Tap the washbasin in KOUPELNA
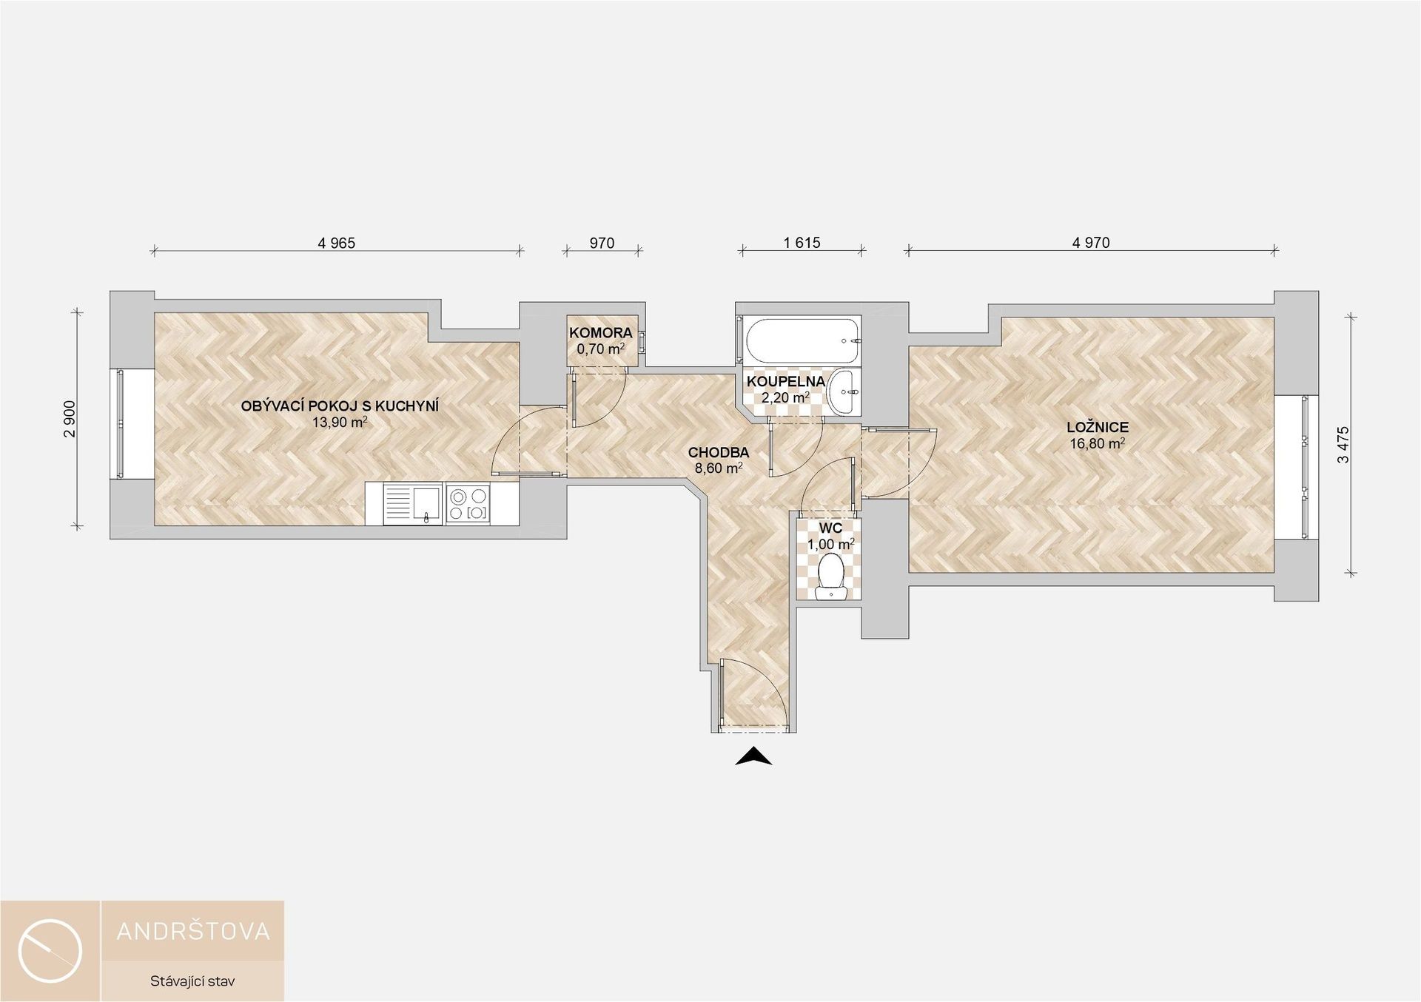(x=844, y=391)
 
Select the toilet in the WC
(x=832, y=577)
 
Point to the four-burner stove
(x=468, y=504)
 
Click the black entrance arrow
(x=754, y=756)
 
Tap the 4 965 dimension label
(x=337, y=243)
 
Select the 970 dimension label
(x=602, y=243)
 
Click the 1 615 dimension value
(x=802, y=243)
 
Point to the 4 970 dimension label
(x=1091, y=243)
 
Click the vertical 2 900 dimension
(x=69, y=419)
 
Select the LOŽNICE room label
(x=1098, y=427)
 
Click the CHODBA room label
(x=719, y=452)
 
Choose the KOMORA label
(x=601, y=333)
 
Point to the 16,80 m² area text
(x=1098, y=443)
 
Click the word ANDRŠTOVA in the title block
(x=193, y=931)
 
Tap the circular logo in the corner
(x=50, y=951)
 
